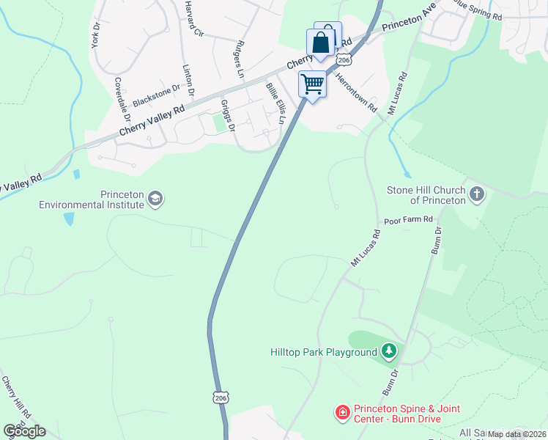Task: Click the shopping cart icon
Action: point(312,84)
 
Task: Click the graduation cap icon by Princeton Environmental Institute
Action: point(155,198)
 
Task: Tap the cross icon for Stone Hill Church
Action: point(477,194)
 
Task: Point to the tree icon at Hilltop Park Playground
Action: point(389,352)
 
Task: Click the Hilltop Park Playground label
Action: point(324,353)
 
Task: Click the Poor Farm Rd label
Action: point(409,220)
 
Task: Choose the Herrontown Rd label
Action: point(357,91)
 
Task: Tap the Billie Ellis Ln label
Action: point(275,103)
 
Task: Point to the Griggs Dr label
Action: point(226,116)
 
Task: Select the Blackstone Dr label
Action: point(156,92)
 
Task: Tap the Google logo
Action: point(24,430)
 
